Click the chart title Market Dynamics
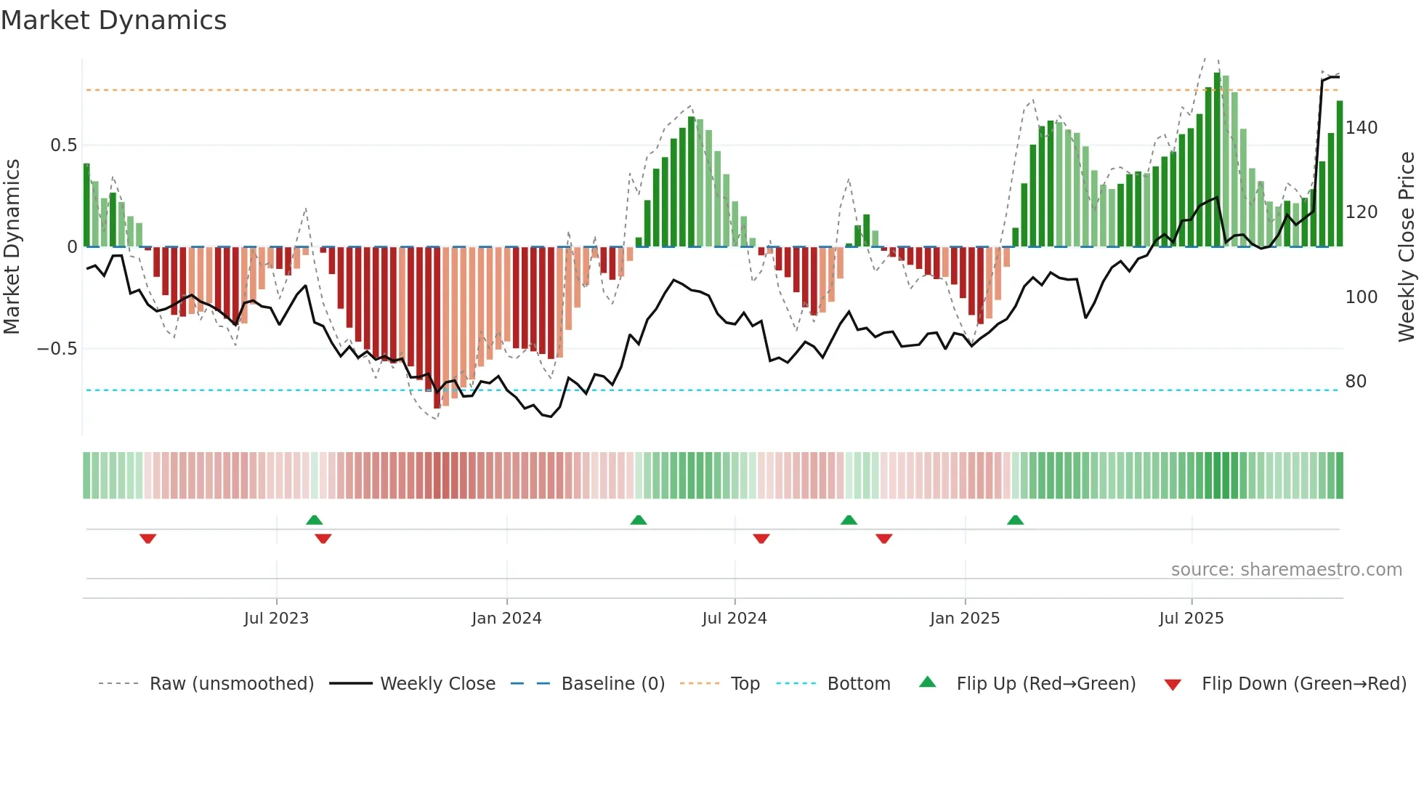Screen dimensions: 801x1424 113,20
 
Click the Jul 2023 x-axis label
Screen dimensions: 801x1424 276,619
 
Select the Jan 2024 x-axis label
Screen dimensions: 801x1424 506,619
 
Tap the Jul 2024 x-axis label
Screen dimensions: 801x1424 734,619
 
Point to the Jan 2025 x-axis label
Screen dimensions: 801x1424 964,619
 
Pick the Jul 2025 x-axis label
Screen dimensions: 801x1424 1191,619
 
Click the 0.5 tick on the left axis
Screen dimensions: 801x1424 64,145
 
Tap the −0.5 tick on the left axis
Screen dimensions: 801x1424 57,349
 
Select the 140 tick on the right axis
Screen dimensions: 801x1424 1361,128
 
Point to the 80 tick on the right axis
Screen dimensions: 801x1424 1356,382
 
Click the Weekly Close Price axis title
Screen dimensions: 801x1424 1407,247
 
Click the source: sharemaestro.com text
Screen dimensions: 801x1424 1286,570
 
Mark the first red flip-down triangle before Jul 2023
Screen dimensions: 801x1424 147,539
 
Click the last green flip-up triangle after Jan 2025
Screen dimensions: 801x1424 1015,520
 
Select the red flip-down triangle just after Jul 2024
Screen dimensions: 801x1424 761,539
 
